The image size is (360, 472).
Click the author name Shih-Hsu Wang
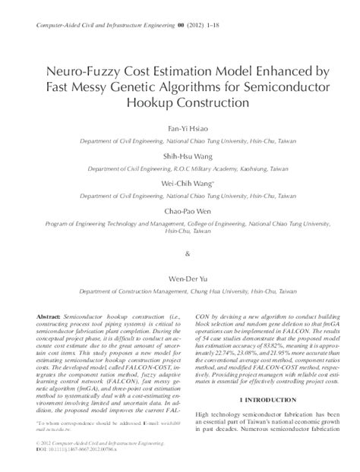pos(179,156)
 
